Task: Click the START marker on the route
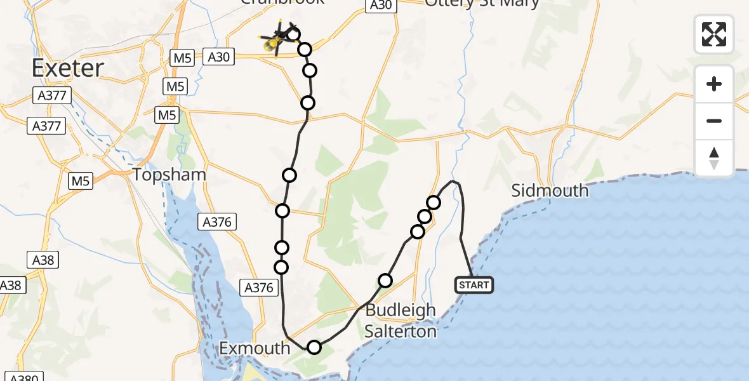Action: (x=474, y=285)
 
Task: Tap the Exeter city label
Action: (x=67, y=68)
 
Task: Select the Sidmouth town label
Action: (x=550, y=190)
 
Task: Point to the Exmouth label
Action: (x=255, y=348)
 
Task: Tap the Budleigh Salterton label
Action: (x=401, y=321)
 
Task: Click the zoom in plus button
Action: (x=714, y=84)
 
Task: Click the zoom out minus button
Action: (x=714, y=121)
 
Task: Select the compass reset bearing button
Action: (x=714, y=157)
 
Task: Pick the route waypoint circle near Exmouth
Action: (x=314, y=347)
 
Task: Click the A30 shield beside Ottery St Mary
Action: (x=380, y=5)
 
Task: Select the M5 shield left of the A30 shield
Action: (x=182, y=58)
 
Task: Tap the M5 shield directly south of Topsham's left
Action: (x=81, y=181)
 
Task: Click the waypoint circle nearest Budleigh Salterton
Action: (x=385, y=281)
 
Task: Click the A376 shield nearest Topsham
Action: (x=218, y=222)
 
